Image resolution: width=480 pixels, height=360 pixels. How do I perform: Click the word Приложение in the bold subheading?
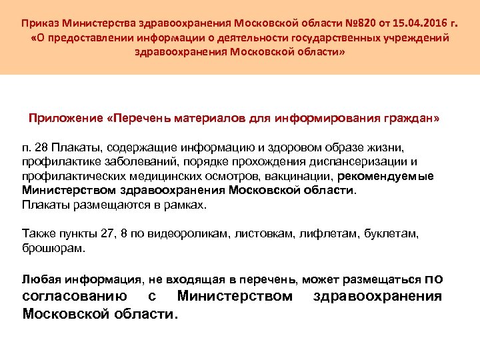pos(65,118)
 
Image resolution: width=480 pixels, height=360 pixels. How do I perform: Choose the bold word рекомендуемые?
pos(386,176)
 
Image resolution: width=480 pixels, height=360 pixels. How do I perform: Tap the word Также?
pos(38,235)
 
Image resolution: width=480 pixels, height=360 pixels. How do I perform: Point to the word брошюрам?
pos(53,249)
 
